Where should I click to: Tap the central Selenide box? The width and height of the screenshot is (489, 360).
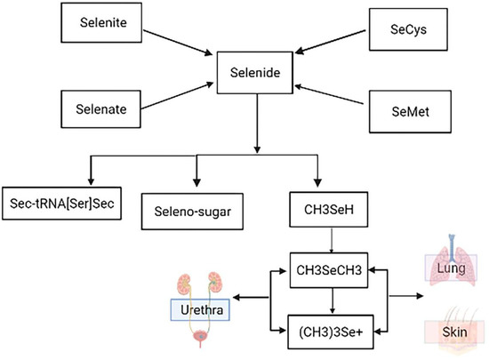tap(258, 69)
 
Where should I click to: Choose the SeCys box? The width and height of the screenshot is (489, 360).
tap(403, 28)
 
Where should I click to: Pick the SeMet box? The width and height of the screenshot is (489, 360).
tap(403, 108)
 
